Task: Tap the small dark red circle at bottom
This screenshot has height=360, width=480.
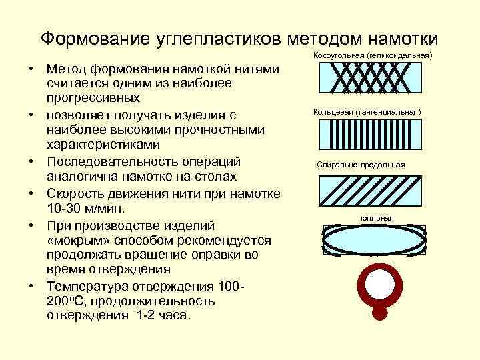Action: pyautogui.click(x=381, y=313)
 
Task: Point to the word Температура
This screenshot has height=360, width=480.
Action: pyautogui.click(x=89, y=286)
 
